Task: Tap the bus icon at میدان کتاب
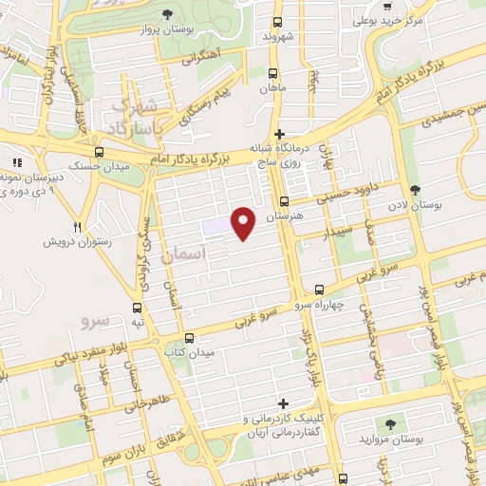pyautogui.click(x=189, y=337)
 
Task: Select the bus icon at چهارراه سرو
pyautogui.click(x=319, y=290)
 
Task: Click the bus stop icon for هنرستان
pyautogui.click(x=285, y=200)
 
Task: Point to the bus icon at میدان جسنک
pyautogui.click(x=100, y=153)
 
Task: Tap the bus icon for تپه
pyautogui.click(x=139, y=308)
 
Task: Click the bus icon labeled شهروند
pyautogui.click(x=277, y=21)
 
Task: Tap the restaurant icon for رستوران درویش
pyautogui.click(x=78, y=226)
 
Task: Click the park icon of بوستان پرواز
pyautogui.click(x=168, y=13)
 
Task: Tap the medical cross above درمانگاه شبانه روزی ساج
pyautogui.click(x=279, y=134)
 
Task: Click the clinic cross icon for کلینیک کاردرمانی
pyautogui.click(x=281, y=402)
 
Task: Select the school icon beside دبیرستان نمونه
pyautogui.click(x=16, y=162)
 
